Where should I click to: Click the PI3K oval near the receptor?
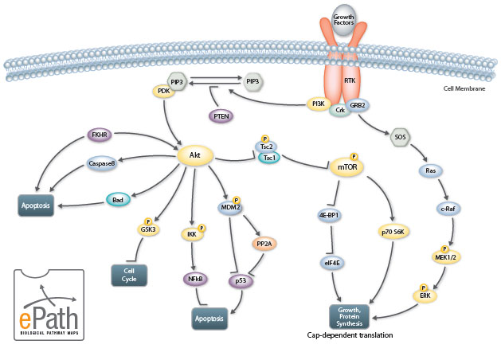click(x=319, y=103)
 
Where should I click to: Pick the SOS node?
click(x=400, y=136)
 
